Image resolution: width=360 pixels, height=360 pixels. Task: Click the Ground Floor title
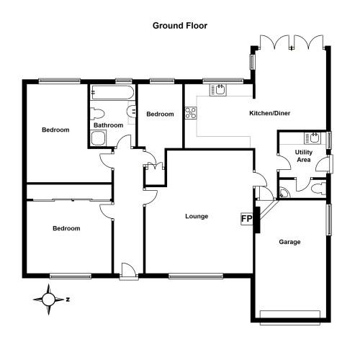click(x=180, y=26)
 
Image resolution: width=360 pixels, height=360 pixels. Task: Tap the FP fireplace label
click(x=246, y=219)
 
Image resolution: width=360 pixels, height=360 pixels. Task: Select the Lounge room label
click(x=197, y=217)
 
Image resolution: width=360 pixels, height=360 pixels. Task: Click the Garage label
click(x=289, y=242)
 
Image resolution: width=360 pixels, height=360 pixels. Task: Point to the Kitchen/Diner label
click(x=270, y=113)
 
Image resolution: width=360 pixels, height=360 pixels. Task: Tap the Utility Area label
click(x=304, y=156)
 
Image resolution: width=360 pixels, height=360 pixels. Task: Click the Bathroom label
click(x=109, y=125)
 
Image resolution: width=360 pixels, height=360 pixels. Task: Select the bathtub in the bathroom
click(x=112, y=92)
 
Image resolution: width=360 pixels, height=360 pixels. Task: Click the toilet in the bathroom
click(x=97, y=114)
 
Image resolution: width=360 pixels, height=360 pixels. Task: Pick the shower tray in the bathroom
click(x=99, y=138)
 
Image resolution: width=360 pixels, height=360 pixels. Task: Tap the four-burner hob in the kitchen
click(x=191, y=113)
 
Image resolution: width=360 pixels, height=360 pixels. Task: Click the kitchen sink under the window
click(x=218, y=90)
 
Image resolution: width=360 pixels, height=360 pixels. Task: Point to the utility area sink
click(x=312, y=138)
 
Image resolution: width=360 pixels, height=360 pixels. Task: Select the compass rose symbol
click(x=49, y=300)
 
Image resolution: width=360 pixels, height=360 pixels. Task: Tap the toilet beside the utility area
click(x=318, y=188)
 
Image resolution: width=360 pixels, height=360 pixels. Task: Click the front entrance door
click(x=129, y=271)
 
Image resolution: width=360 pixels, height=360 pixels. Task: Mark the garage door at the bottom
click(x=290, y=318)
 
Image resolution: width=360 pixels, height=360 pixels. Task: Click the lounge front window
click(x=196, y=276)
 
